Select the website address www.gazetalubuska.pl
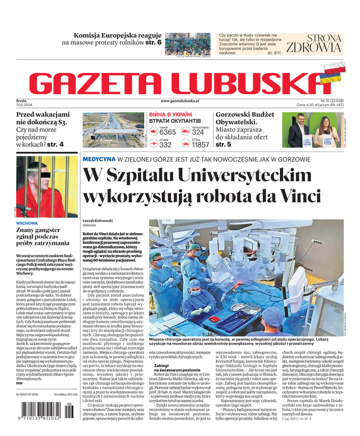(x=180, y=101)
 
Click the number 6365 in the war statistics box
(x=167, y=132)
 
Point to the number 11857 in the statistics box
(x=200, y=145)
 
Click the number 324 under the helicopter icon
(x=198, y=132)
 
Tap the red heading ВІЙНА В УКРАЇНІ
(x=170, y=114)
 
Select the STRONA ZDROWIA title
(x=313, y=43)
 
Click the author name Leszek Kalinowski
(x=97, y=220)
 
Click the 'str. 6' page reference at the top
(x=153, y=42)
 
